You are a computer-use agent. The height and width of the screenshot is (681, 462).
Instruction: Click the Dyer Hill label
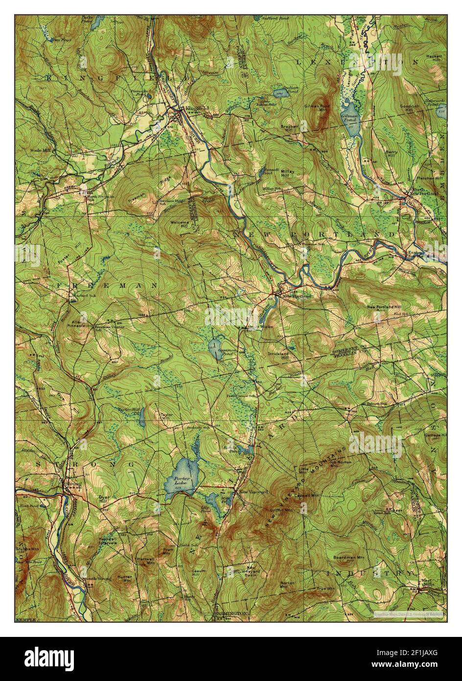click(103, 498)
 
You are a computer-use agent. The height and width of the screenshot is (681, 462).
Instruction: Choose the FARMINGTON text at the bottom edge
click(231, 612)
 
